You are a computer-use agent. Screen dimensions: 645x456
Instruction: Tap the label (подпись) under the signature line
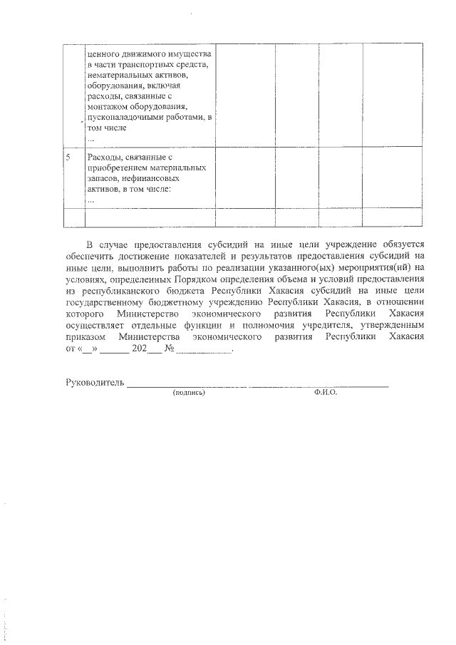click(x=189, y=393)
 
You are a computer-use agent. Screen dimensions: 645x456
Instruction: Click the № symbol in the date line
click(x=170, y=350)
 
